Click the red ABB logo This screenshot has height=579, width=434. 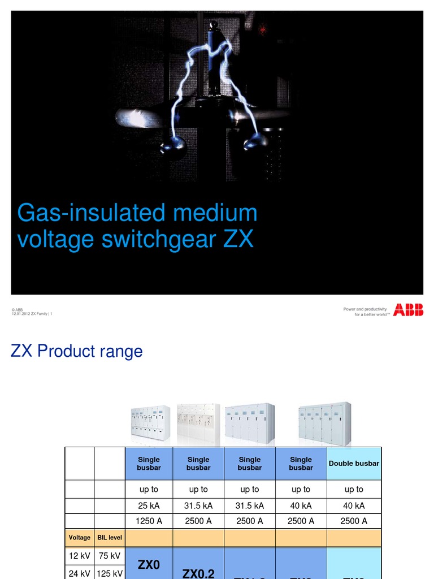point(408,309)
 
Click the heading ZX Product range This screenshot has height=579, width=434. point(77,351)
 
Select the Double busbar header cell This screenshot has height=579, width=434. point(354,464)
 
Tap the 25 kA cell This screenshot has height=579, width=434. point(149,505)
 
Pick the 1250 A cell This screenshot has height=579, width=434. point(149,521)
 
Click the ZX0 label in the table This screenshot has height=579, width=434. point(149,565)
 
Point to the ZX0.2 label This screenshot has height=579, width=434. point(198,573)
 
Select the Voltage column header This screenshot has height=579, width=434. point(80,538)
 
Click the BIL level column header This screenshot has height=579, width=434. point(110,538)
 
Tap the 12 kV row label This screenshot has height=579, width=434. point(80,556)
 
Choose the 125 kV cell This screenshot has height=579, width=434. point(110,573)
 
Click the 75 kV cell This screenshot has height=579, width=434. point(110,556)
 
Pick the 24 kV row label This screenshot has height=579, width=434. point(80,573)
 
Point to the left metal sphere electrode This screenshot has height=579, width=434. point(173,147)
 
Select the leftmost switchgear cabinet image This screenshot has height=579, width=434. point(150,423)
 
